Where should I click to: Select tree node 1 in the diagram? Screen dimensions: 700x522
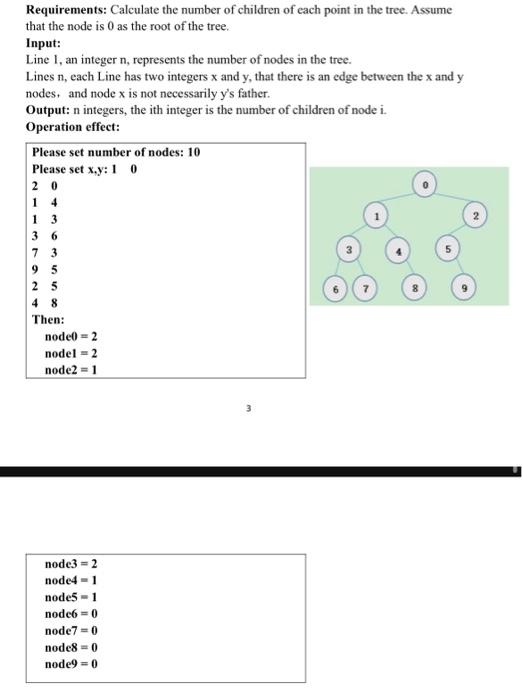tap(377, 215)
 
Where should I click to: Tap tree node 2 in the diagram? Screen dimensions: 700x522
tap(478, 215)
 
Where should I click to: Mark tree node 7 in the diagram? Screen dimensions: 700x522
tap(366, 290)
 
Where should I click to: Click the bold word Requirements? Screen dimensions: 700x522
tap(65, 9)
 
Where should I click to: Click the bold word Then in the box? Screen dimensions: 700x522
tap(48, 319)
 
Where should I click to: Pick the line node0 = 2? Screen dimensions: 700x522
tap(71, 337)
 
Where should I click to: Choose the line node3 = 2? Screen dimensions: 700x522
tap(71, 564)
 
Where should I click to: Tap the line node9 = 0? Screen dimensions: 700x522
tap(71, 663)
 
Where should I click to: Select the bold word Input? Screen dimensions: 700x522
tap(44, 44)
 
